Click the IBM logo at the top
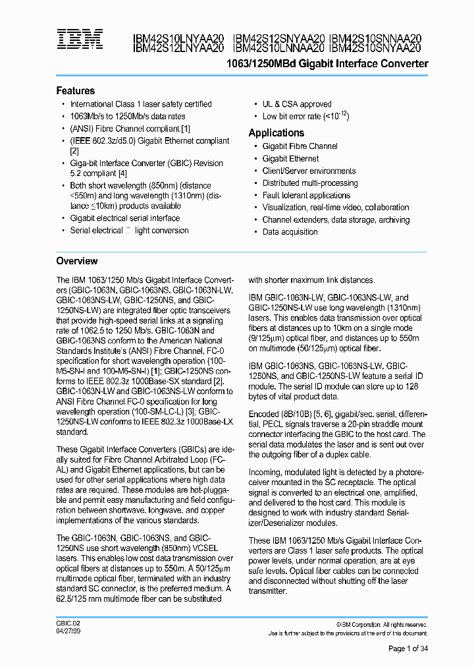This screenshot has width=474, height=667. pos(79,40)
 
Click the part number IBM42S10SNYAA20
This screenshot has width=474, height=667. pos(375,48)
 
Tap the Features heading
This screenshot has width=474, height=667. pos(75,91)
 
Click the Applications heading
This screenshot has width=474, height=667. pos(276,133)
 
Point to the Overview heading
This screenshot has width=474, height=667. pos(76,261)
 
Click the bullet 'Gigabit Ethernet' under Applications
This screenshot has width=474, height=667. pos(290,159)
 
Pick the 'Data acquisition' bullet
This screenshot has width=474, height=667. pos(290,232)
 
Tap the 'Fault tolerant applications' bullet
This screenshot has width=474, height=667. pos(306,196)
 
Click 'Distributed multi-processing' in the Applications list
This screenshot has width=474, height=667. pos(310,183)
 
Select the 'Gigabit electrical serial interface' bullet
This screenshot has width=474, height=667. pos(124,218)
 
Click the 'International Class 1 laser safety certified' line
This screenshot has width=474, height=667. pos(141,104)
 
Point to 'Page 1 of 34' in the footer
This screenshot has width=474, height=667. pos(408,649)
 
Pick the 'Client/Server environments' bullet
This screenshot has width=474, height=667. pos(309,171)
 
